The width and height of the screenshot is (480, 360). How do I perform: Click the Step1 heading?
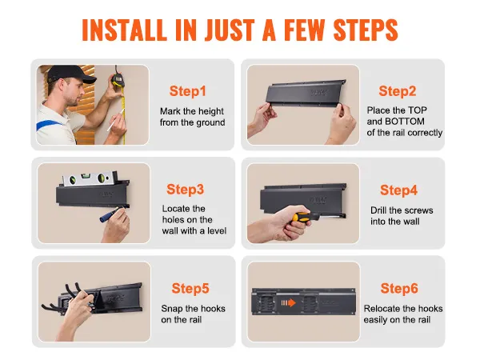[x=188, y=91]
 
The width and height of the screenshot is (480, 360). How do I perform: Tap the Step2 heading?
[x=398, y=91]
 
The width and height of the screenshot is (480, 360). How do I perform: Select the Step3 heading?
[x=186, y=190]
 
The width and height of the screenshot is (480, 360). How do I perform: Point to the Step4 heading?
[x=398, y=190]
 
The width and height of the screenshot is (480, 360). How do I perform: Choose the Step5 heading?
[x=190, y=288]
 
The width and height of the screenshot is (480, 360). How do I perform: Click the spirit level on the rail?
[x=84, y=180]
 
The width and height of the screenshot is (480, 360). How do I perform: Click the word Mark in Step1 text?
[x=170, y=110]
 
